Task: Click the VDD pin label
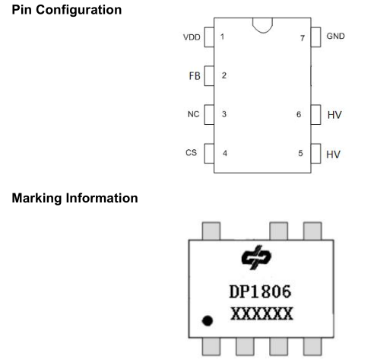click(192, 37)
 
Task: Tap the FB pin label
click(195, 76)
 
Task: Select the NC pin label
click(193, 114)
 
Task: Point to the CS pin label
click(191, 153)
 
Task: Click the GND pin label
click(335, 36)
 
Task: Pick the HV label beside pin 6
click(335, 115)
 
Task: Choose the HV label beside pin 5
click(333, 155)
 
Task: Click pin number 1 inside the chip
click(222, 37)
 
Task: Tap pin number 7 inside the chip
click(303, 38)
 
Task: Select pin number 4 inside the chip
click(225, 153)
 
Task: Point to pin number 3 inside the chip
click(224, 114)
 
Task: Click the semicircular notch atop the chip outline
click(263, 31)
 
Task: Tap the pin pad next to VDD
click(209, 37)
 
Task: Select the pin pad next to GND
click(316, 37)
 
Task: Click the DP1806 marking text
click(260, 292)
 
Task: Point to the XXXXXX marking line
click(262, 314)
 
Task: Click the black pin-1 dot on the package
click(208, 320)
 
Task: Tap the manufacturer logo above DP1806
click(256, 257)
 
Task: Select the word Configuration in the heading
click(79, 10)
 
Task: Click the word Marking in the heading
click(36, 199)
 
